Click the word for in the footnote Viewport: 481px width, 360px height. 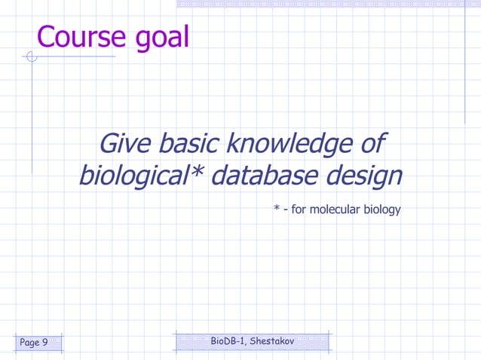click(x=299, y=209)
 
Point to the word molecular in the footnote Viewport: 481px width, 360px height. click(x=336, y=209)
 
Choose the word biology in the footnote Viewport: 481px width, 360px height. click(x=384, y=210)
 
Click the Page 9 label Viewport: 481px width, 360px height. click(x=34, y=343)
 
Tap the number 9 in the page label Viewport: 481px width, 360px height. click(x=44, y=343)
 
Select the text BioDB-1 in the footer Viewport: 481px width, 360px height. click(x=227, y=341)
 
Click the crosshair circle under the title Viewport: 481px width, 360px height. click(x=31, y=56)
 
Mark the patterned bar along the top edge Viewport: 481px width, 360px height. click(x=329, y=4)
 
